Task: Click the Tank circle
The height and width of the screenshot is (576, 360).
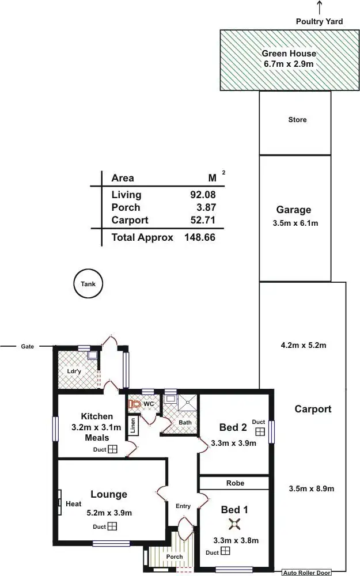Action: tap(88, 284)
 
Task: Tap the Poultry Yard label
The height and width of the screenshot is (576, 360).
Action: tap(319, 21)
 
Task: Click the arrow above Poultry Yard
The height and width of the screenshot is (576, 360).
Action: tap(319, 7)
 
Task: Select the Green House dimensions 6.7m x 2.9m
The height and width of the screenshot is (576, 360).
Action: tap(297, 64)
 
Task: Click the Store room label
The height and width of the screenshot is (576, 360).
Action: tap(297, 120)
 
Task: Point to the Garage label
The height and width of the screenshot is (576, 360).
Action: tap(293, 210)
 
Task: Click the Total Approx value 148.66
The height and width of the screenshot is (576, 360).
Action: tap(199, 237)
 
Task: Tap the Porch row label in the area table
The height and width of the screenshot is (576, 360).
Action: tap(126, 207)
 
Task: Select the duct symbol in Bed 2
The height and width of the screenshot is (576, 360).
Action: tap(260, 431)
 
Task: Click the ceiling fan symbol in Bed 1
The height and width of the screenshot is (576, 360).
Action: tap(234, 523)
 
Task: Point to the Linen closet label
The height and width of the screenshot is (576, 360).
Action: tap(133, 426)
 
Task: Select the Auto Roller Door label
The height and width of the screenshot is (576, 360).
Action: tap(306, 573)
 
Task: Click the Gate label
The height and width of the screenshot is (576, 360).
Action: tap(27, 347)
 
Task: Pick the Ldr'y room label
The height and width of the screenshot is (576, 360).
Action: tap(75, 371)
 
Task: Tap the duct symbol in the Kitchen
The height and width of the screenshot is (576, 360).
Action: tap(113, 449)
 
